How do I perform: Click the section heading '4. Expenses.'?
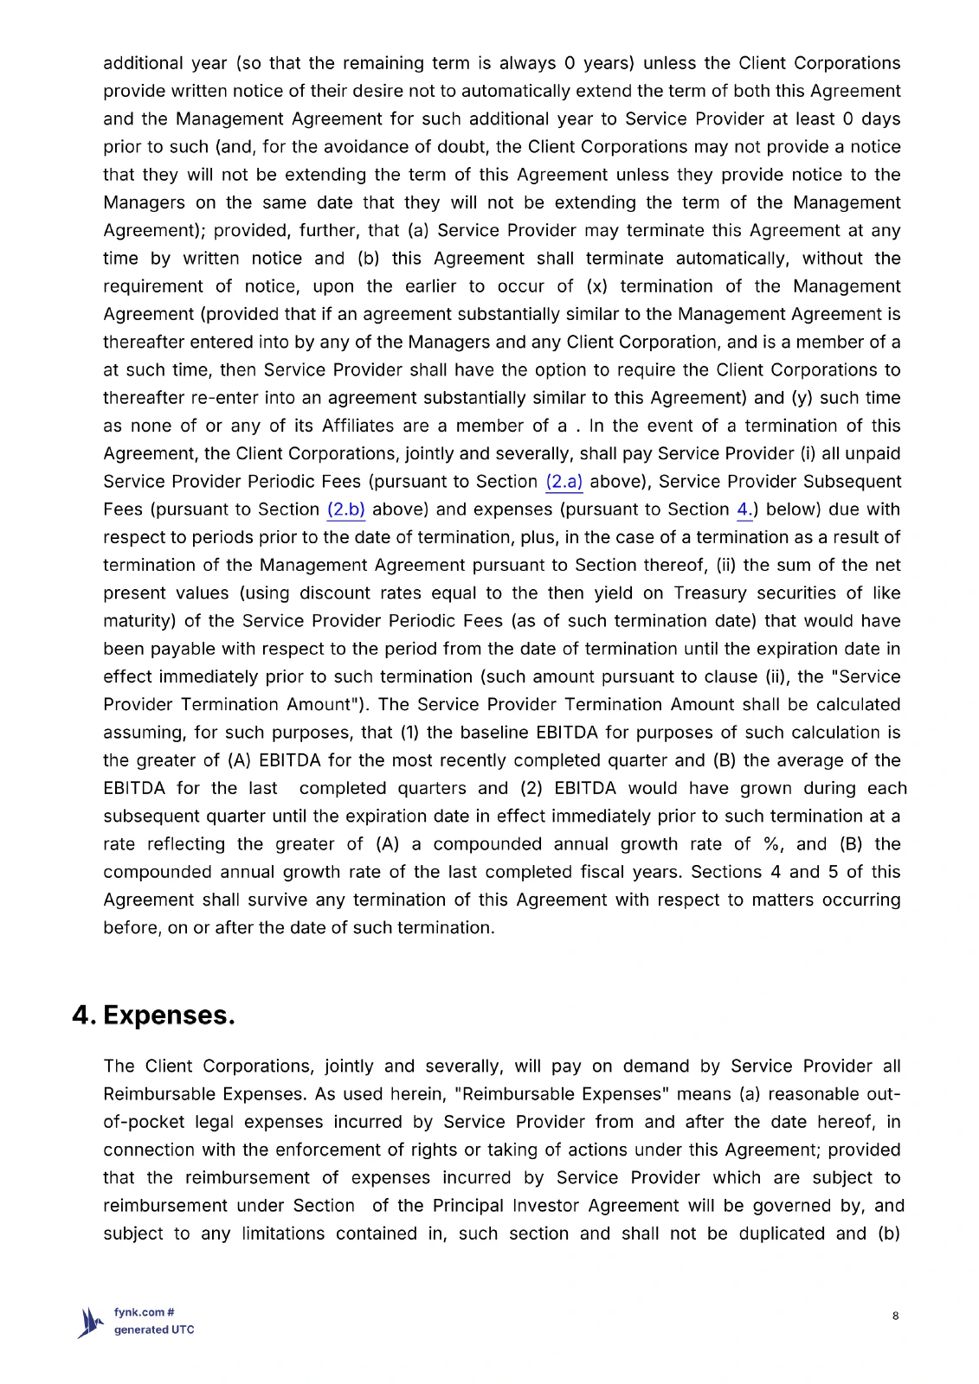pos(153,1015)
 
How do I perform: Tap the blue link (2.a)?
pos(564,482)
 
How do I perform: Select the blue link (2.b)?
pos(345,509)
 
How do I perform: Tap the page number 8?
pos(895,1316)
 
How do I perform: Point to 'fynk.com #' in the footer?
pos(144,1312)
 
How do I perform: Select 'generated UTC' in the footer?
pos(154,1330)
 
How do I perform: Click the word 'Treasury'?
pos(710,593)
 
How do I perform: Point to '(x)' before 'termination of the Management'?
pos(596,286)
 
